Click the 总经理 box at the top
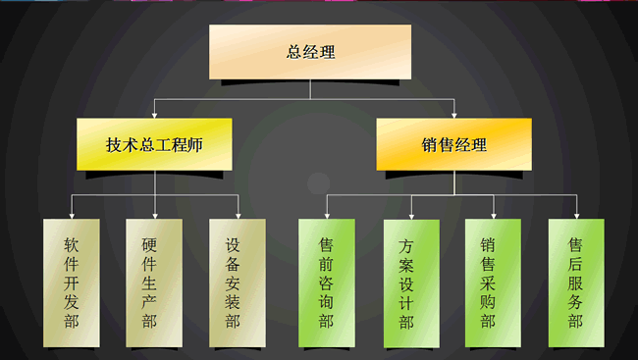pyautogui.click(x=310, y=52)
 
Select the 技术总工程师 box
pyautogui.click(x=154, y=145)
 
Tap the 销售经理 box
pyautogui.click(x=453, y=145)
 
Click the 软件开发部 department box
pyautogui.click(x=72, y=283)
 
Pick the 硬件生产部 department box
pyautogui.click(x=154, y=283)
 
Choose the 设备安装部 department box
pyautogui.click(x=238, y=283)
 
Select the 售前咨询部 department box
pyautogui.click(x=326, y=283)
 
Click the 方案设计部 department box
pyautogui.click(x=410, y=283)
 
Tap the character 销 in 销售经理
pyautogui.click(x=430, y=145)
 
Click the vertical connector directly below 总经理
pyautogui.click(x=310, y=89)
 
